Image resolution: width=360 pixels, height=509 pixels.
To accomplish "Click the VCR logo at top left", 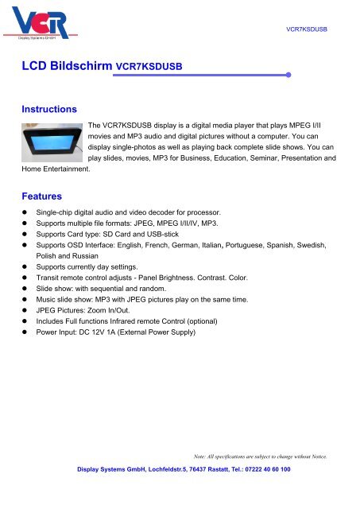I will tap(44, 23).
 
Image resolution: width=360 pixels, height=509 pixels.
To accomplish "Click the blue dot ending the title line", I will tap(288, 76).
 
